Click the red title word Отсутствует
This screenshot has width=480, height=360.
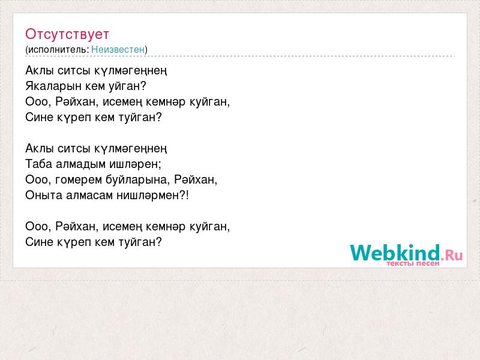(67, 34)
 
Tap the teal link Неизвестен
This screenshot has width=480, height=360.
(118, 49)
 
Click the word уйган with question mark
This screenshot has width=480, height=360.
(127, 86)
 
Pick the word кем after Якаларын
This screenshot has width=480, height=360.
(95, 86)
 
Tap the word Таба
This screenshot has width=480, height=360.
(39, 164)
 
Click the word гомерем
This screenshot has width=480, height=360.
(79, 179)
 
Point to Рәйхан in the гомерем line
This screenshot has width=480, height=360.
(196, 179)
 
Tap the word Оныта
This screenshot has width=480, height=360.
(44, 196)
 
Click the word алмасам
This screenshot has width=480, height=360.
(89, 196)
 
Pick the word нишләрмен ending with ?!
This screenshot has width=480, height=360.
(153, 196)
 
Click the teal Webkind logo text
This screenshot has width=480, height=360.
(395, 253)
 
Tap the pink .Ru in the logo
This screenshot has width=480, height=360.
(452, 254)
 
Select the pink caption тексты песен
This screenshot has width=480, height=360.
(413, 263)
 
